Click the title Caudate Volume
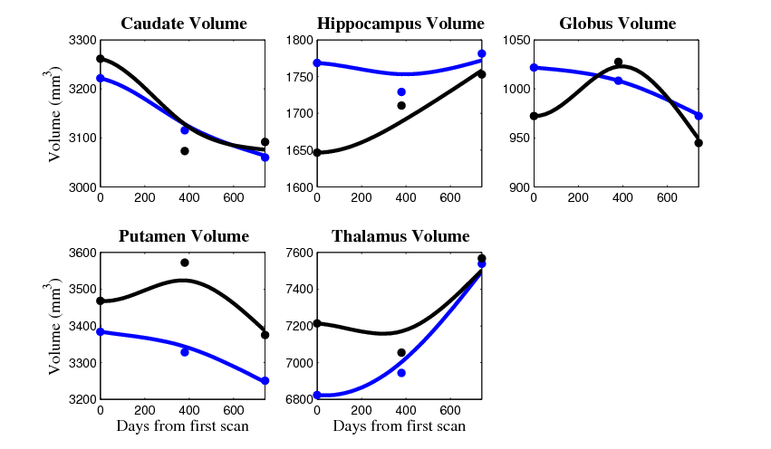[x=184, y=24]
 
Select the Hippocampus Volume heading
[x=400, y=24]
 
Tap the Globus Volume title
[x=617, y=24]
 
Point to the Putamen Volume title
[x=184, y=237]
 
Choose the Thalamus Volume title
[x=400, y=237]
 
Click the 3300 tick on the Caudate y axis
[x=80, y=41]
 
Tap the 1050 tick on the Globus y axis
[x=513, y=41]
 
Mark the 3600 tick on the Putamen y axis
[x=80, y=253]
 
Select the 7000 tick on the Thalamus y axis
[x=296, y=363]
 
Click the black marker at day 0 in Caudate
[x=100, y=59]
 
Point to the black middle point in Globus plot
[x=618, y=62]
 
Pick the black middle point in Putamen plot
[x=185, y=263]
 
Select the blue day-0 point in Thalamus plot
[x=316, y=395]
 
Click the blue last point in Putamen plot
[x=265, y=381]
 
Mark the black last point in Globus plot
[x=699, y=142]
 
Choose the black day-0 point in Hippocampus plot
[x=316, y=152]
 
